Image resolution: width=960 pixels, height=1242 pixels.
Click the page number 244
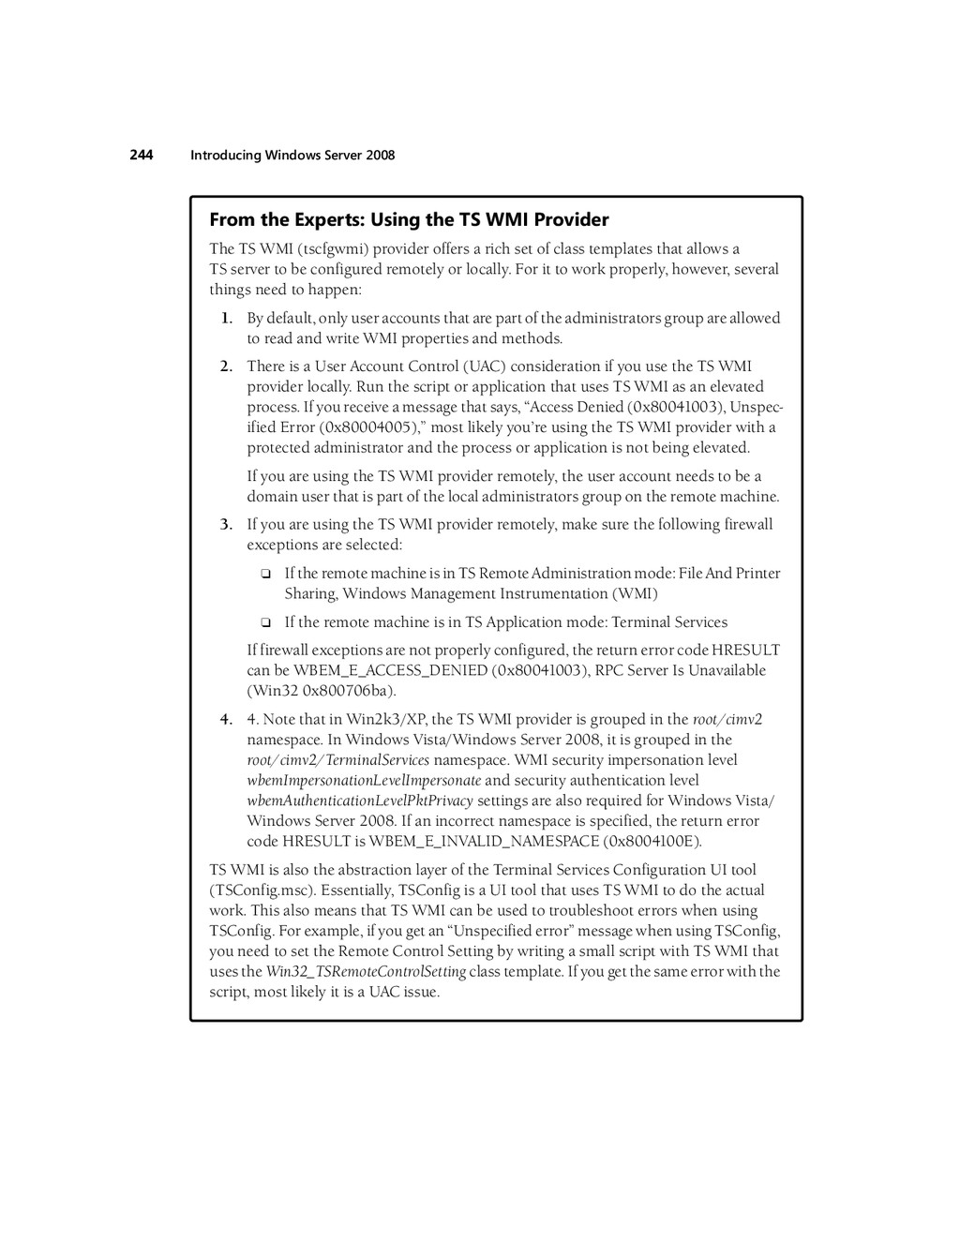[x=142, y=155]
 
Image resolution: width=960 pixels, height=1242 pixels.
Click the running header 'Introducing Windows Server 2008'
[x=292, y=156]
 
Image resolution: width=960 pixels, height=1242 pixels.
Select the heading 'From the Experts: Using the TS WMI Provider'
[x=409, y=220]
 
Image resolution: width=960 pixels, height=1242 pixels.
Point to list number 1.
[x=227, y=319]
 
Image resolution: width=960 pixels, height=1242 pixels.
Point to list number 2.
[x=227, y=367]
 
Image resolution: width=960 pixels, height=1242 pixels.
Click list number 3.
[x=227, y=525]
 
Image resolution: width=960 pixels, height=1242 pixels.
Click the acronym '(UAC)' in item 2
[x=485, y=367]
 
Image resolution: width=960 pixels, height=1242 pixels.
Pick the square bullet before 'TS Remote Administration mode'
[x=265, y=574]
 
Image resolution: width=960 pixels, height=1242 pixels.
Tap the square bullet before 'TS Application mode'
[x=265, y=622]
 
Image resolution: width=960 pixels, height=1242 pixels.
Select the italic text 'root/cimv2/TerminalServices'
[x=338, y=760]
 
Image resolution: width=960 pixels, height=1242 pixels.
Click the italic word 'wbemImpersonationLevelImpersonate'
[x=364, y=781]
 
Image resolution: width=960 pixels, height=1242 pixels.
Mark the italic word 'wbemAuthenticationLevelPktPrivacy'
[x=360, y=801]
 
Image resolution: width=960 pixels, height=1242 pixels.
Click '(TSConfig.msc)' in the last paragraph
[x=254, y=890]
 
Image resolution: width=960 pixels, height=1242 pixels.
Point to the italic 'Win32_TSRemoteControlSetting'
[x=366, y=972]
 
